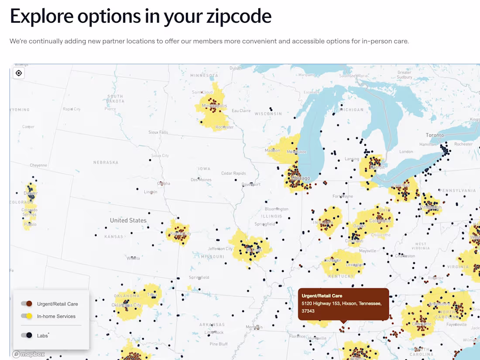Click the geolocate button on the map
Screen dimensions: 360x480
(19, 73)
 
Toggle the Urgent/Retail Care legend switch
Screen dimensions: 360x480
(27, 304)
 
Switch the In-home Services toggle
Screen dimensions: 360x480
(27, 316)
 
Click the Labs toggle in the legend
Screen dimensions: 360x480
(27, 335)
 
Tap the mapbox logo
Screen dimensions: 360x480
(29, 354)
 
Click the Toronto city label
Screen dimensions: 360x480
(435, 135)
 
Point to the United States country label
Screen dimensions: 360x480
(128, 220)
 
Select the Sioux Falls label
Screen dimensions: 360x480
(158, 132)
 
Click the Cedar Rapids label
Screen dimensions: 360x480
(233, 173)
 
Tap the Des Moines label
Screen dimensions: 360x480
(201, 180)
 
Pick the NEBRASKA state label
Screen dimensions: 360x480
(106, 162)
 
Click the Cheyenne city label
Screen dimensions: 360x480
(38, 165)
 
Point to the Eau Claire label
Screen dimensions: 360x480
(241, 111)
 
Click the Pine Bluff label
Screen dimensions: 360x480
(218, 344)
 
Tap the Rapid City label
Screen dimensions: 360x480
(72, 109)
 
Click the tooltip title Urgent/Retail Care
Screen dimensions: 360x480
(322, 296)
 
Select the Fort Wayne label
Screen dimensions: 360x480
(343, 196)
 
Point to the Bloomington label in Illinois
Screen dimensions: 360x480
(277, 209)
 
